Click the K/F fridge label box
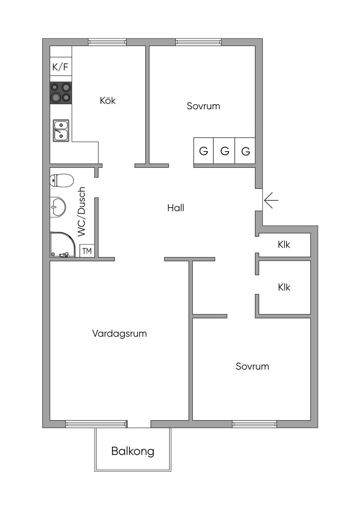60,67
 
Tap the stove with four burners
61,93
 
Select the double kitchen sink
61,130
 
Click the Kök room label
108,101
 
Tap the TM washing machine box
87,251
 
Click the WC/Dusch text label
82,212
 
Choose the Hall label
176,208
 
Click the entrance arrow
271,200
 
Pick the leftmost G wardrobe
204,151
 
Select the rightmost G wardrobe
245,151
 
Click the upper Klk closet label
284,244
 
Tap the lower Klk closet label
284,287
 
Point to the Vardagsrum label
120,333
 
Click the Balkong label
133,451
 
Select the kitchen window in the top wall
107,42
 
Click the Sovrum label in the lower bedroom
252,366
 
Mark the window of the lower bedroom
254,424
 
